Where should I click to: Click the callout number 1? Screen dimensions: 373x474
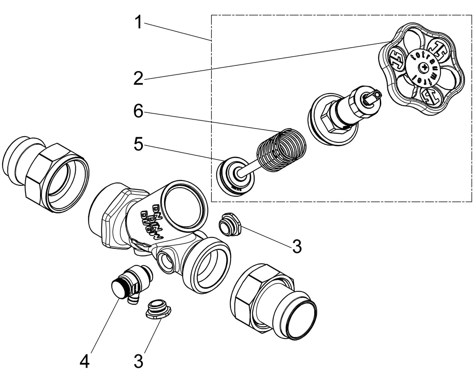(x=138, y=22)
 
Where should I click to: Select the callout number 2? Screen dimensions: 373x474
(x=138, y=79)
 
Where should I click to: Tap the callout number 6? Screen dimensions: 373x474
(x=138, y=112)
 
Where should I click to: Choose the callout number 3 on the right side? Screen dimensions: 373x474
(x=297, y=247)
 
